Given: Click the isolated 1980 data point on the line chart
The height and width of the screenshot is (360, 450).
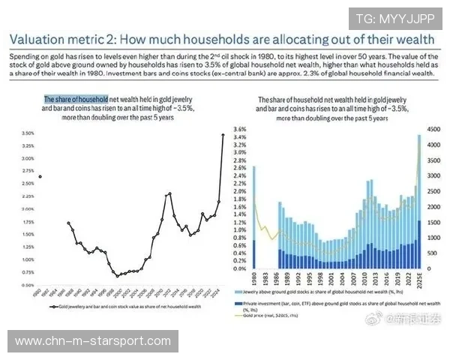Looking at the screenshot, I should (x=39, y=177).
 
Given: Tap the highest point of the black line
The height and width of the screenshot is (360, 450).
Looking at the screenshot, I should (x=223, y=135).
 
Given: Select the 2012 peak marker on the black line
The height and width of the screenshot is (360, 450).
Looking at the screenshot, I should (x=170, y=193).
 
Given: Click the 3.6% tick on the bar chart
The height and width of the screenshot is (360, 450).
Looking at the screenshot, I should (x=241, y=130).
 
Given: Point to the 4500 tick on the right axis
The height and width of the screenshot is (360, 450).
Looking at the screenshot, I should (x=433, y=130).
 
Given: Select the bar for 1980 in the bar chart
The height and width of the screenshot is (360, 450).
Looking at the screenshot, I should (x=254, y=217).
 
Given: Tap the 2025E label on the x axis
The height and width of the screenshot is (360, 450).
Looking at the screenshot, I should (x=418, y=286).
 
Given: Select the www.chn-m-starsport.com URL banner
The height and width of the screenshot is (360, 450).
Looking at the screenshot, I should (x=93, y=341).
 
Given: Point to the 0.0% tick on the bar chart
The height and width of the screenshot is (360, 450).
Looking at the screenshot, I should (x=241, y=268).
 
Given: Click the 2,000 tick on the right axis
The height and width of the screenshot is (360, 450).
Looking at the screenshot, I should (x=433, y=207).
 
